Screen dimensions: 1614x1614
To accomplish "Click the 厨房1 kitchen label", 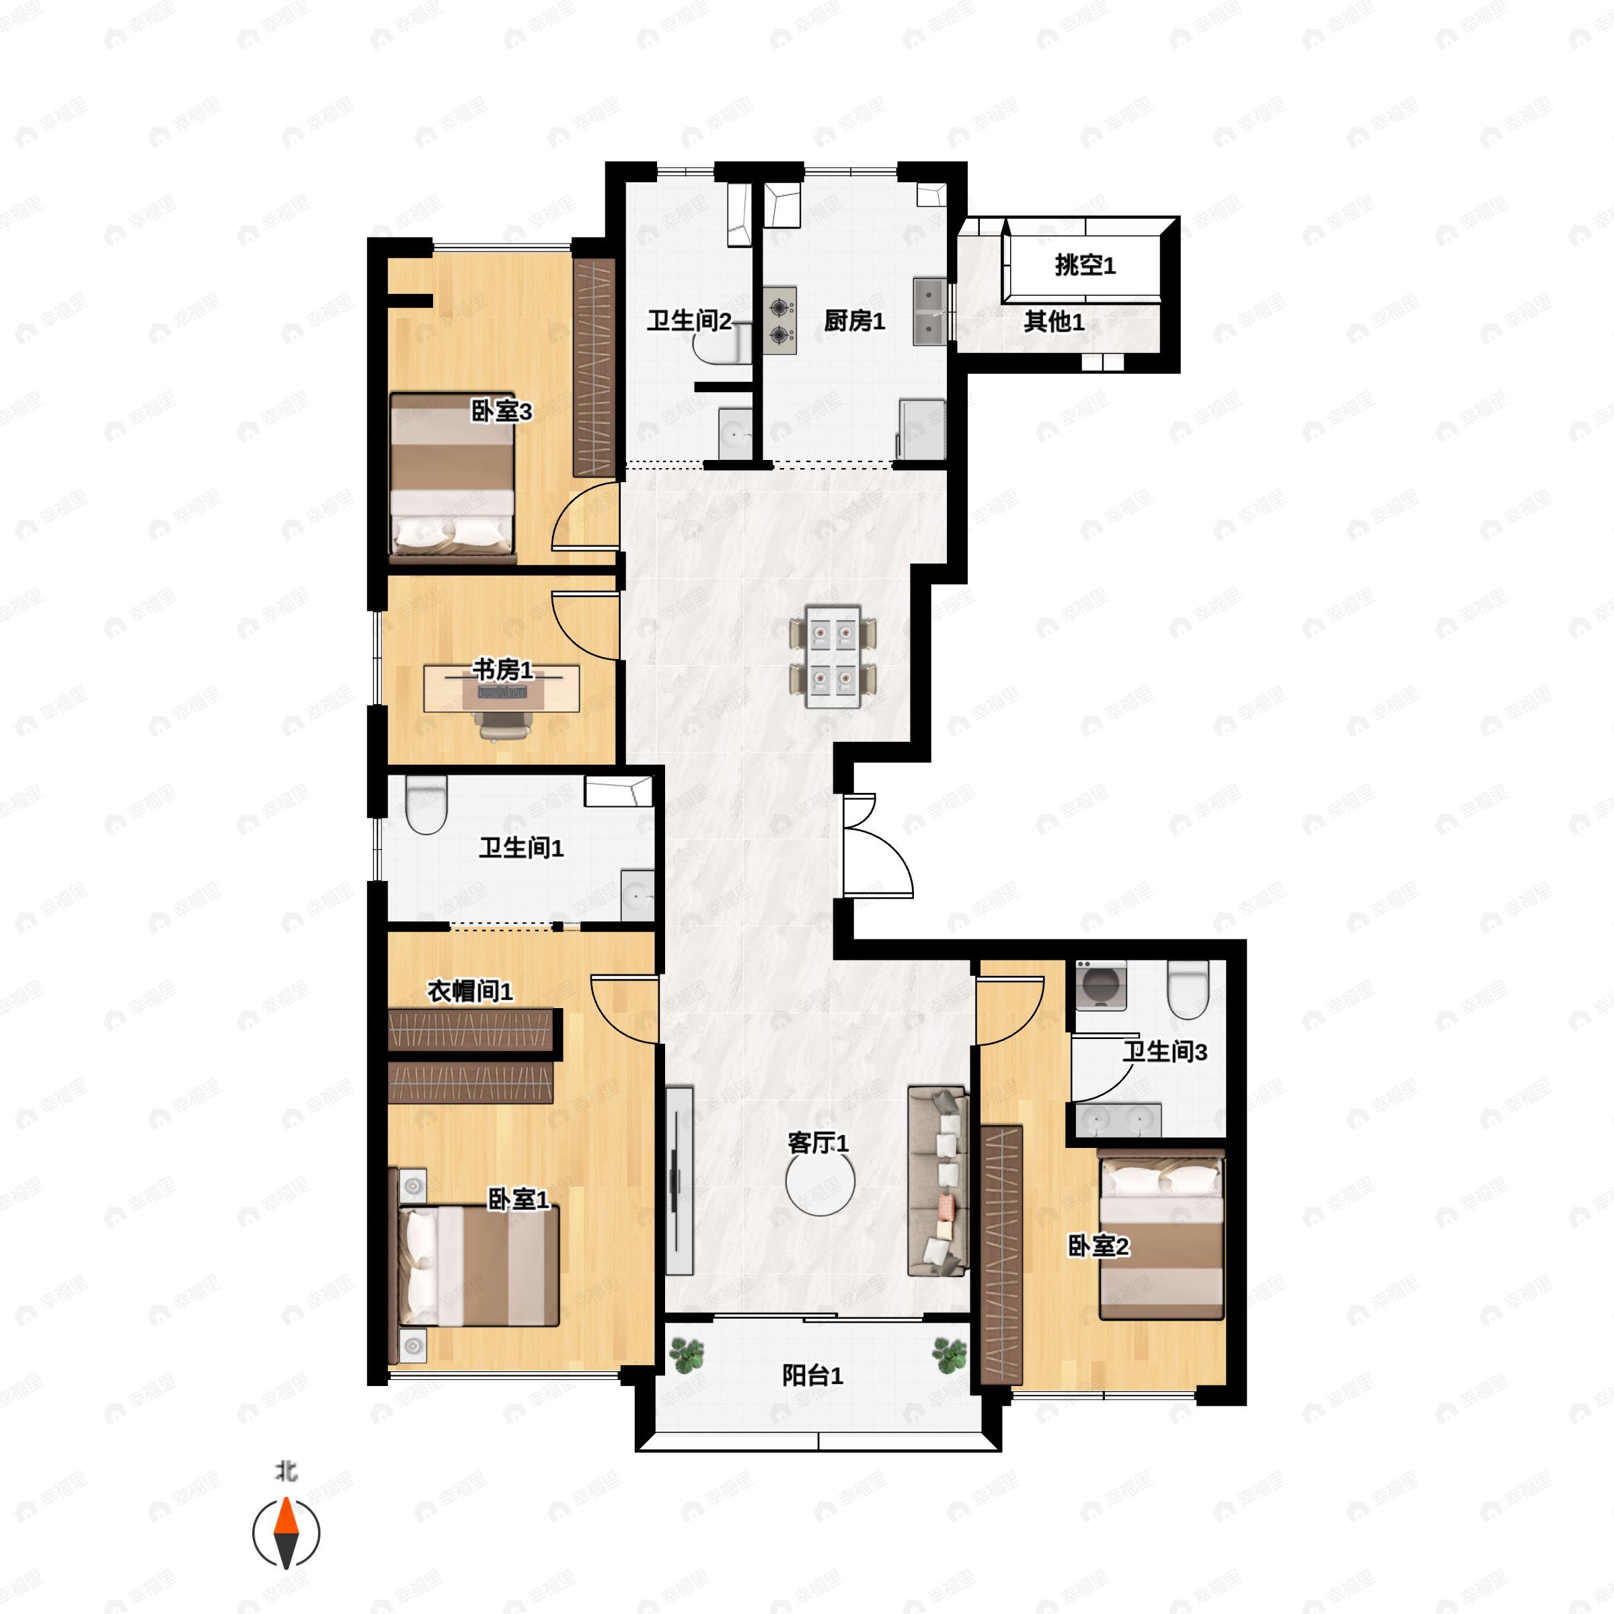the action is (x=854, y=321).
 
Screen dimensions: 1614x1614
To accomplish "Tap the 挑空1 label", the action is (x=1084, y=266).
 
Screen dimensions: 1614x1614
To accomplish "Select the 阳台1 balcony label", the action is (x=812, y=1375).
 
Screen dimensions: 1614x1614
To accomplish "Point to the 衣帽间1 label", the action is (x=469, y=992).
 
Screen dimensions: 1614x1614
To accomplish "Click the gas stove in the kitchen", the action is (x=779, y=321).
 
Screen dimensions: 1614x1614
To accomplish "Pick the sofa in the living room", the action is (x=938, y=1180).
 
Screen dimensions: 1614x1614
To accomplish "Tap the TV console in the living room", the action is (x=680, y=1180).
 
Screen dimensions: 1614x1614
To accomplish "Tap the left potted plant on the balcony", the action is (x=687, y=1355).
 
